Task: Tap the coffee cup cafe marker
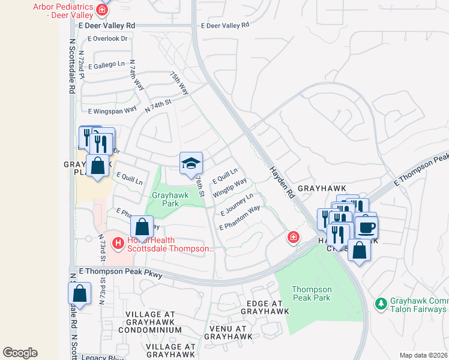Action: click(366, 227)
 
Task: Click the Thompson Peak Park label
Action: click(312, 293)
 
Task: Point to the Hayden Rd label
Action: click(283, 182)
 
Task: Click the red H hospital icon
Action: click(118, 243)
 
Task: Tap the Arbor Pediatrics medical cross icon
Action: click(102, 10)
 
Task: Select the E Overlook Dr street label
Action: click(108, 38)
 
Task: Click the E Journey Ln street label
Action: click(237, 205)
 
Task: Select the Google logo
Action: click(20, 353)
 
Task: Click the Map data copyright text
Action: click(423, 355)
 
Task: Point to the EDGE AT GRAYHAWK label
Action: click(265, 307)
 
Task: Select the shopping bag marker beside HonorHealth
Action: click(142, 227)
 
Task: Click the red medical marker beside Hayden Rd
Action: click(293, 238)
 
